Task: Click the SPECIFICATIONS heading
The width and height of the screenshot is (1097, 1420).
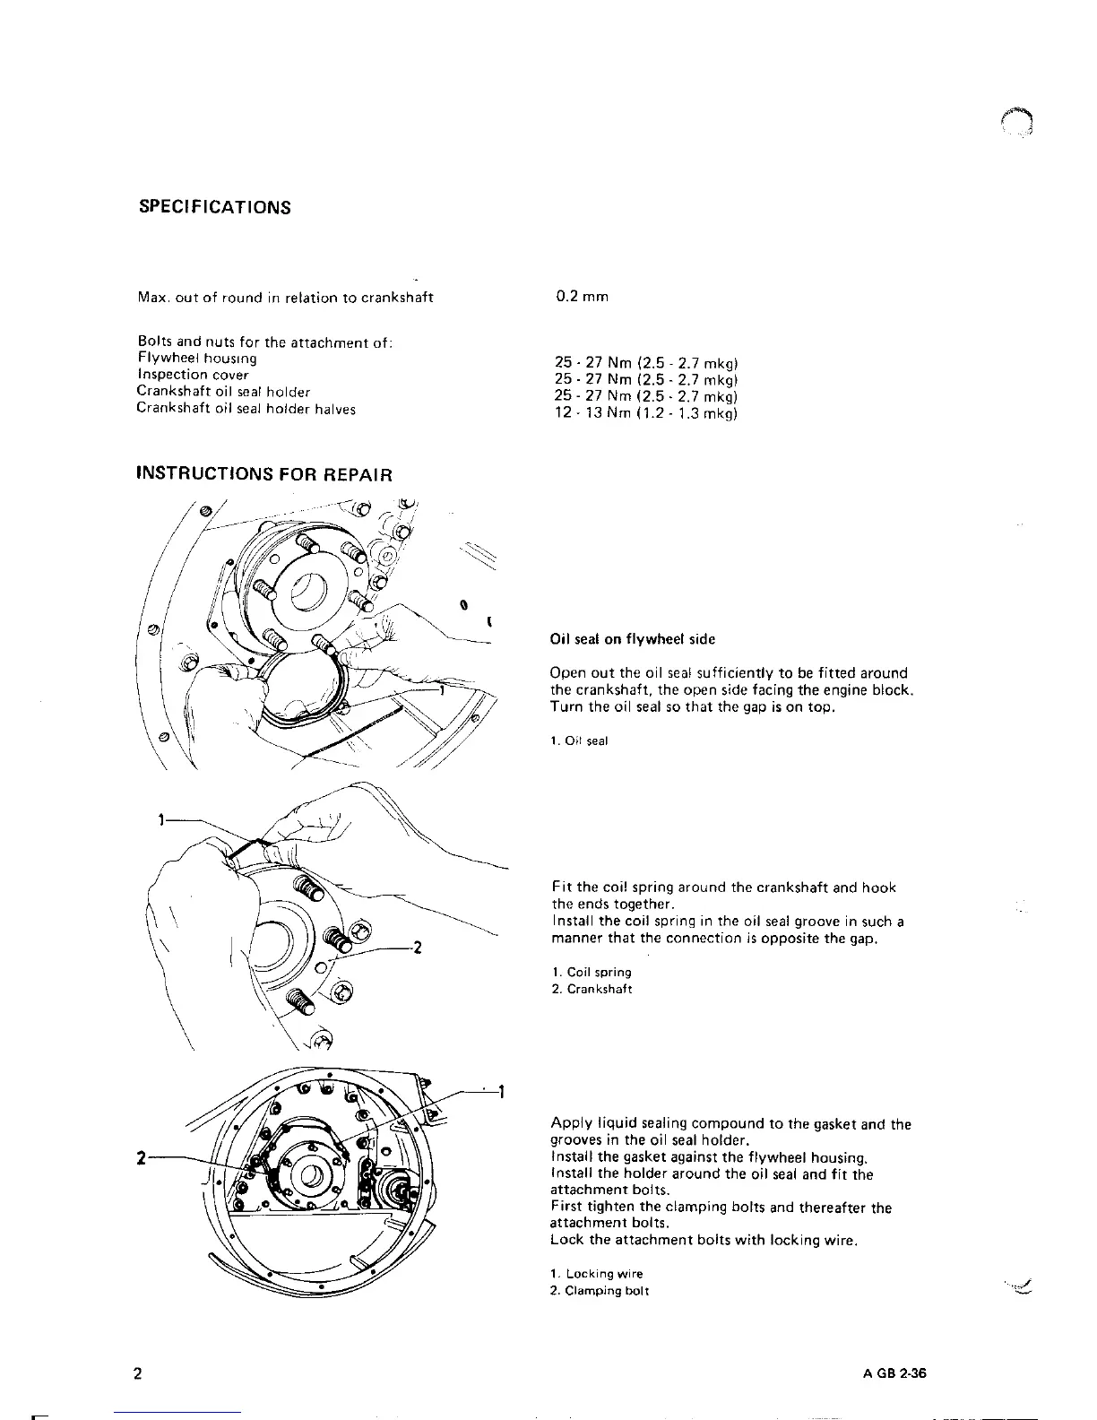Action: click(214, 208)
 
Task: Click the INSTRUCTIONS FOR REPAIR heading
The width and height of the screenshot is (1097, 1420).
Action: click(263, 473)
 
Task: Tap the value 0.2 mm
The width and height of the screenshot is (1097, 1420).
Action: click(582, 297)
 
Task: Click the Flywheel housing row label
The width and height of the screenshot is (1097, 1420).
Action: click(196, 359)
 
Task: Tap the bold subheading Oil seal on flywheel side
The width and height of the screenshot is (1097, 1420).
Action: click(632, 639)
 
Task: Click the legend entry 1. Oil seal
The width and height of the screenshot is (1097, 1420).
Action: click(579, 740)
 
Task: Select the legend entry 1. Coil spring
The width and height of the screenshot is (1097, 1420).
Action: click(591, 972)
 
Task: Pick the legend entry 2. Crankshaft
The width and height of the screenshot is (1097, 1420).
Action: click(592, 989)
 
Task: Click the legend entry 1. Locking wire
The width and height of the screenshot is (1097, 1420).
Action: click(596, 1273)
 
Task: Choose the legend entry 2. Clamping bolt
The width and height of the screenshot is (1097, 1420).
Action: click(598, 1290)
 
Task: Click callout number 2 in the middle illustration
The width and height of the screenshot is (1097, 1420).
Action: click(417, 948)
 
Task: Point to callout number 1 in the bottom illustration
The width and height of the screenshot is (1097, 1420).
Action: click(502, 1092)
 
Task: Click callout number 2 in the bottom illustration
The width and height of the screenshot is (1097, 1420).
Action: click(140, 1157)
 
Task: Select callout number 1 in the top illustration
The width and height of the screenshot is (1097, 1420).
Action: click(443, 690)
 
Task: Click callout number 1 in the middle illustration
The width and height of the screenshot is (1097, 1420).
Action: click(160, 818)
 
